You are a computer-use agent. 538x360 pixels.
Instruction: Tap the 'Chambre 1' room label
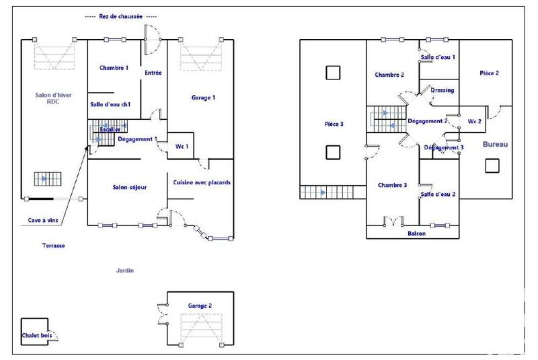114,68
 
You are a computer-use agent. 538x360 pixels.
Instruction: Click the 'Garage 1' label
203,98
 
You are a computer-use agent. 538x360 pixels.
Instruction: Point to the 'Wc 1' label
182,146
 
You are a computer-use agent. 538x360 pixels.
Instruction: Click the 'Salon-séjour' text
130,186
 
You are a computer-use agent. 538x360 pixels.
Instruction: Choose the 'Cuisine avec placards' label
202,182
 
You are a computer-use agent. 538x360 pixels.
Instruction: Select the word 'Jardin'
124,271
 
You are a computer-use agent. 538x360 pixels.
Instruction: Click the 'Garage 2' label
200,305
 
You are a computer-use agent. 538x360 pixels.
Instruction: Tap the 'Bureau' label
495,145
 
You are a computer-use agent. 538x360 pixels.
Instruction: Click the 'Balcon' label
416,233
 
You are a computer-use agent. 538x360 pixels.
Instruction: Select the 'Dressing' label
442,90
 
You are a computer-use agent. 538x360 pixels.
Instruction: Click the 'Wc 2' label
474,122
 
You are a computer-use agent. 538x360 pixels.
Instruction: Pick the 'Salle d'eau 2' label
438,194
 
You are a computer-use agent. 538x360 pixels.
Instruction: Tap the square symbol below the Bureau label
491,166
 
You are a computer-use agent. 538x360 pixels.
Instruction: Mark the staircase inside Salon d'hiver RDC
47,179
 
